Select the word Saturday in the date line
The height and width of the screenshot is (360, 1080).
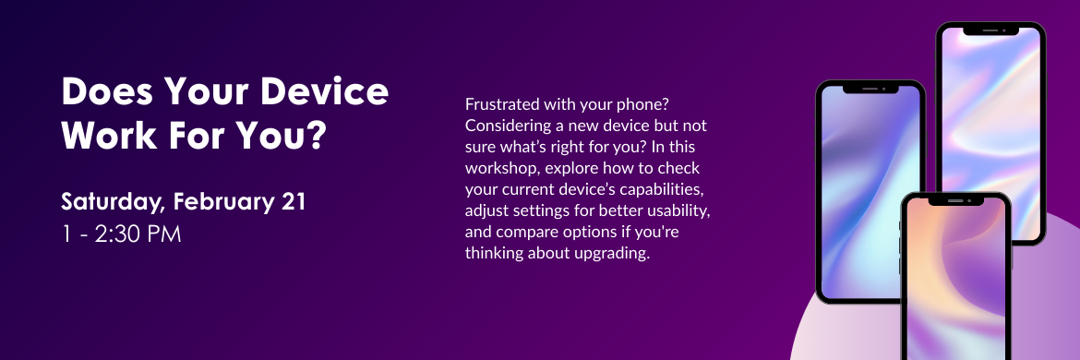point(113,203)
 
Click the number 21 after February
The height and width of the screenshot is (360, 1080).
point(294,201)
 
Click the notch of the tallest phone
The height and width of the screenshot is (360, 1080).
point(990,30)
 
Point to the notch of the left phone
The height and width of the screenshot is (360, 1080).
point(870,89)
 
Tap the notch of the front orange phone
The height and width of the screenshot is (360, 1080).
point(955,200)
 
